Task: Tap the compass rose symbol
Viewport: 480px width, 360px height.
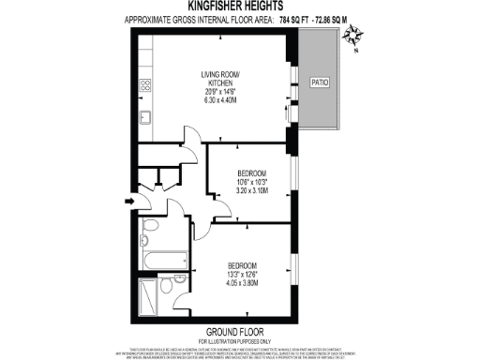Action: pos(353,37)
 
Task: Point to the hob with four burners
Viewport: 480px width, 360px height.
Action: pos(146,86)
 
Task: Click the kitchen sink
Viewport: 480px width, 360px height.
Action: pos(145,118)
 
